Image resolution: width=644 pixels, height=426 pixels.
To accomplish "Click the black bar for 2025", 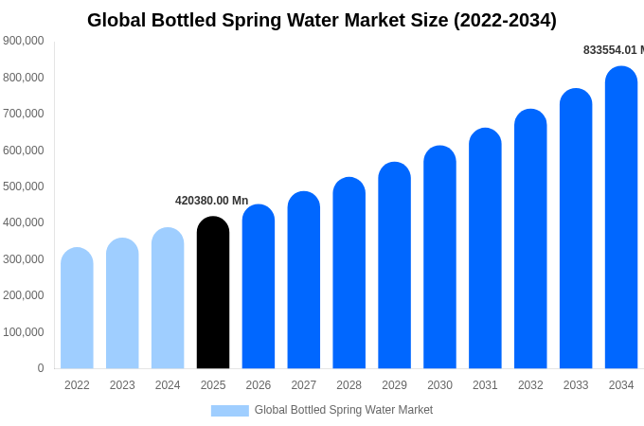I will coord(213,293).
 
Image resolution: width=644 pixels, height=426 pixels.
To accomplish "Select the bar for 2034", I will coord(621,218).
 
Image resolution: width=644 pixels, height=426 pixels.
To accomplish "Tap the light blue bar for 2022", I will coord(77,309).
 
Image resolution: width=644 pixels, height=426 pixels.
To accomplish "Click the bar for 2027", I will coord(304,280).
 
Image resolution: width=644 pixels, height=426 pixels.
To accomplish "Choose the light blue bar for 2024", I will coord(168,298).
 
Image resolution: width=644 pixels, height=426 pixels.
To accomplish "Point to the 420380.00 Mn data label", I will coord(211,201).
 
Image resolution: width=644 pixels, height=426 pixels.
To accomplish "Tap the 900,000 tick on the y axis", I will coord(23,41).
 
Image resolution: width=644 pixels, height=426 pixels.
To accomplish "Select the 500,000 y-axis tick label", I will coord(23,186).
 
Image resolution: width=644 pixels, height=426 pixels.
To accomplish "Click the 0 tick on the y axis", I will coord(41,368).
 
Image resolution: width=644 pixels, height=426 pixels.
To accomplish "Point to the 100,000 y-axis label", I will coord(23,332).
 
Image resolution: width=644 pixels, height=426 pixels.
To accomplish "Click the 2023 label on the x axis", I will coord(122,385).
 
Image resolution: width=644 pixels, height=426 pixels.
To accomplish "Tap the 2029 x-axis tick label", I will coord(394,385).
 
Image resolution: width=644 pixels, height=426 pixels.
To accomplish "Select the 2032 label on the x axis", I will coord(530,385).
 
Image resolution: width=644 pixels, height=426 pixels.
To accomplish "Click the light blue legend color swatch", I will coord(229,411).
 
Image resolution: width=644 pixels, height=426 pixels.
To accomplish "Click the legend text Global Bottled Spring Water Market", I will coord(343,410).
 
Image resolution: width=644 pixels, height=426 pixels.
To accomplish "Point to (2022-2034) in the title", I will coord(505,20).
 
